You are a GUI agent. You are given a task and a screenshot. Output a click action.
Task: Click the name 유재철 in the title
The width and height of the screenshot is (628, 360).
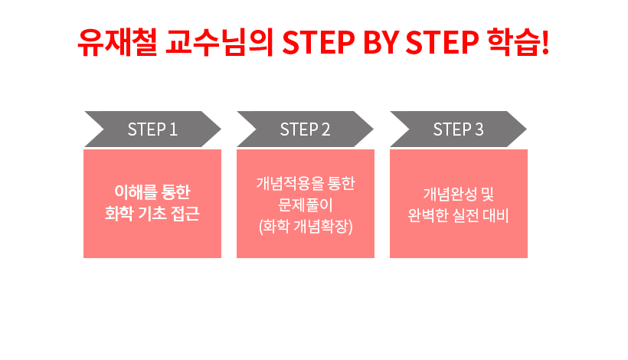click(x=117, y=42)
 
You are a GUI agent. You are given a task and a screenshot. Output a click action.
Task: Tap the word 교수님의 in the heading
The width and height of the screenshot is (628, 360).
click(x=220, y=42)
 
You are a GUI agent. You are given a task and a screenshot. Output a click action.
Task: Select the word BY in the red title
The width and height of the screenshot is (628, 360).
click(x=381, y=42)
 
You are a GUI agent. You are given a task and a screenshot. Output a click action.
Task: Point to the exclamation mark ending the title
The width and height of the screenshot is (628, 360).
click(x=545, y=42)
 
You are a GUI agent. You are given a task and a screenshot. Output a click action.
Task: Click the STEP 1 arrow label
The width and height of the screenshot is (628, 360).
click(x=152, y=129)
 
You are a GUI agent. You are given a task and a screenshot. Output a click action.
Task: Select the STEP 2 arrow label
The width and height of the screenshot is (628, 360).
click(x=305, y=129)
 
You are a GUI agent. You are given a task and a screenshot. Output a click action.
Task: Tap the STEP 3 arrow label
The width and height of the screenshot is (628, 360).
click(x=458, y=129)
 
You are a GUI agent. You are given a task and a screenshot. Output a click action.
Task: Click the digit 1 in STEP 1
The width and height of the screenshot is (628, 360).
click(x=173, y=129)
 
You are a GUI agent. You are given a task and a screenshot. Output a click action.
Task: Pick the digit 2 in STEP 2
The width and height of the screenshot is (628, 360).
click(x=326, y=129)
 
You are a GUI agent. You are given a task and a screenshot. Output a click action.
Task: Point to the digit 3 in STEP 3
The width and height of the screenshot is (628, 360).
click(x=479, y=129)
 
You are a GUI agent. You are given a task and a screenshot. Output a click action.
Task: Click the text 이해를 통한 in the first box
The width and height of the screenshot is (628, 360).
click(x=152, y=192)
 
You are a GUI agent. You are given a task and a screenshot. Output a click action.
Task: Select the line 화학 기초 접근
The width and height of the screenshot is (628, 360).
click(x=152, y=214)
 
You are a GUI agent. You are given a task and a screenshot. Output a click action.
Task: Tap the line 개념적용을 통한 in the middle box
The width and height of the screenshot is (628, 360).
click(x=306, y=183)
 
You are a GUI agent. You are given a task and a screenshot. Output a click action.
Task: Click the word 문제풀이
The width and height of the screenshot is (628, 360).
click(x=306, y=205)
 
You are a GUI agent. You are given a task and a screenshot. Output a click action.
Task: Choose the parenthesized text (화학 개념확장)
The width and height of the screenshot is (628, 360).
click(x=306, y=227)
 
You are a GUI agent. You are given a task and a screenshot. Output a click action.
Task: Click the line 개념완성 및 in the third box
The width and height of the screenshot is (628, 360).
click(x=459, y=195)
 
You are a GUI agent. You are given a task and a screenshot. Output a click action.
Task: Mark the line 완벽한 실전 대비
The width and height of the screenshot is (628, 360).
click(x=458, y=215)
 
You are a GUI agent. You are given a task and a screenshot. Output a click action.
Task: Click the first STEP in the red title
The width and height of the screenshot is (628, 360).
click(x=319, y=42)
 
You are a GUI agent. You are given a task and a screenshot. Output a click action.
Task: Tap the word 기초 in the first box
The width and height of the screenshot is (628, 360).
click(x=152, y=214)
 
